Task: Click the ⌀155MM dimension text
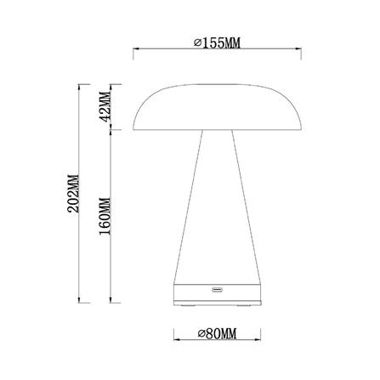tap(218, 43)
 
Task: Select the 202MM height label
tap(72, 194)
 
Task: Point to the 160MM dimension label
tap(105, 218)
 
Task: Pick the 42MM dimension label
tap(105, 106)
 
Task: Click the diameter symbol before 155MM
tap(197, 43)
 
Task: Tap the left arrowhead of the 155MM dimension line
tap(135, 51)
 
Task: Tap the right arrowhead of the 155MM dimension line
tap(301, 51)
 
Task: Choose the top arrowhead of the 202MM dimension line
tap(82, 87)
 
